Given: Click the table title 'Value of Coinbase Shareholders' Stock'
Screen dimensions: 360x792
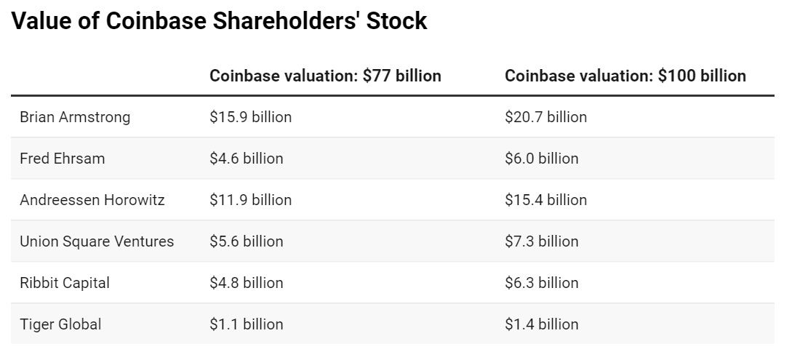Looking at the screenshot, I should pos(219,22).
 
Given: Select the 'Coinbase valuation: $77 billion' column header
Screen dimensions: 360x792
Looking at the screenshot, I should pos(325,76).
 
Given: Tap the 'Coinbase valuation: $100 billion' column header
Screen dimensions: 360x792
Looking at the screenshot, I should pos(625,76).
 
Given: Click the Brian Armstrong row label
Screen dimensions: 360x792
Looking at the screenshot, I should pos(75,117).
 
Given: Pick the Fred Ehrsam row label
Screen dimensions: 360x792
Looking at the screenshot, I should pos(62,159).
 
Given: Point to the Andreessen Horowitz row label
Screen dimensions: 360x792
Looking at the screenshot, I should pos(92,200).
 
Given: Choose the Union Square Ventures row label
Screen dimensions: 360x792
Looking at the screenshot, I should pos(97,241).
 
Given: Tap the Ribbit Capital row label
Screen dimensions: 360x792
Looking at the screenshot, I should pos(65,283).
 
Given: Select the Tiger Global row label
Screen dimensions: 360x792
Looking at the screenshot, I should pos(60,324).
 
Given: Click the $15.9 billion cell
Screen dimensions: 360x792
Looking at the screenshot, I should pos(250,117).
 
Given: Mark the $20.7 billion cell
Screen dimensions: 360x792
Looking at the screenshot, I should pos(545,117).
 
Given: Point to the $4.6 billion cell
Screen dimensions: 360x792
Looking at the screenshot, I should pos(247,159).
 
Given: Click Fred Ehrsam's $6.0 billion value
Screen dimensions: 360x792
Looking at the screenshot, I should pos(542,159).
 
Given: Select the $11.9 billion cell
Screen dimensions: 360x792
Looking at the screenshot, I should pos(250,200).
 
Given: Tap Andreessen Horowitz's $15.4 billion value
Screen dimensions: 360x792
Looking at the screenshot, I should pos(545,200).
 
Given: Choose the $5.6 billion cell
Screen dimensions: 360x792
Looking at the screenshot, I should pos(247,241).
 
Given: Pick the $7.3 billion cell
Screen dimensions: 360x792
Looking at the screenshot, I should pos(542,241).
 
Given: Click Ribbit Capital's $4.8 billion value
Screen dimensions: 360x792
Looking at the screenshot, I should pos(247,283).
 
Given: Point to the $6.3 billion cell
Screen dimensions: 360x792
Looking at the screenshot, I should pos(542,283).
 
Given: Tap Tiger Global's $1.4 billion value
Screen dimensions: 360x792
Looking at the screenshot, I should pos(542,324).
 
